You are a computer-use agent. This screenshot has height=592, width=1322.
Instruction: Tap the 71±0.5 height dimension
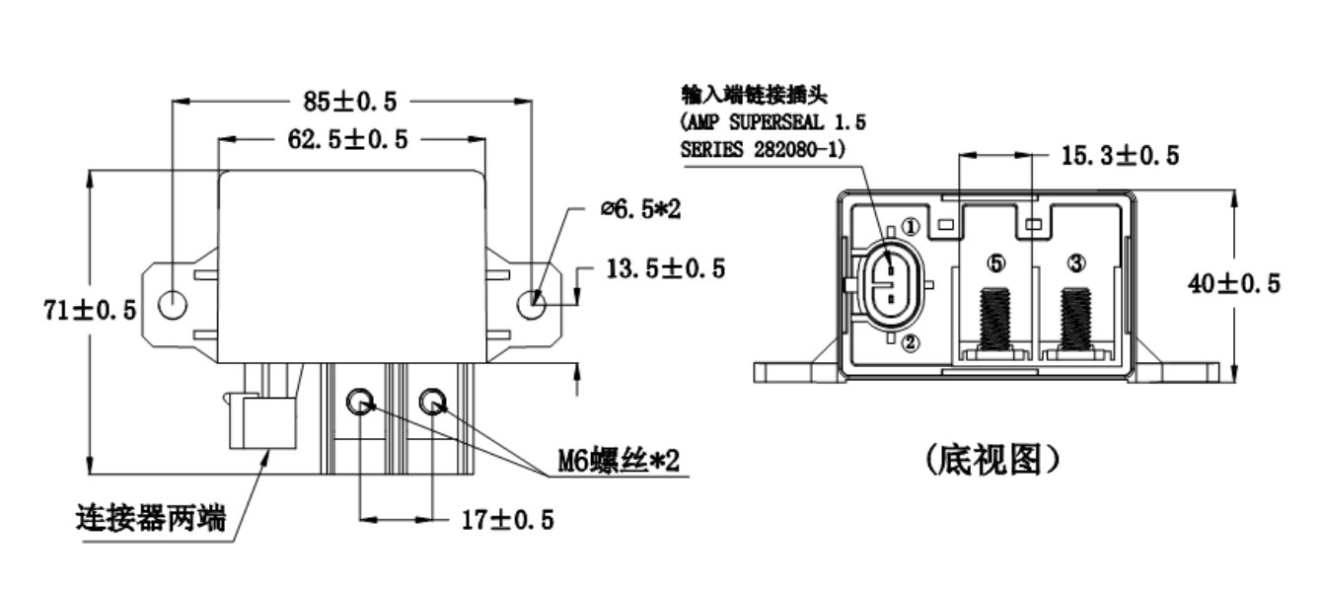[x=89, y=310]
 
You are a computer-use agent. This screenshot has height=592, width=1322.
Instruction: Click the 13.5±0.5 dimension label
[x=664, y=268]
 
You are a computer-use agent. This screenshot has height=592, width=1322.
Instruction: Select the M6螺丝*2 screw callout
[x=605, y=461]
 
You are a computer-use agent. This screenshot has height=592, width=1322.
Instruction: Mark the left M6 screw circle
[x=361, y=402]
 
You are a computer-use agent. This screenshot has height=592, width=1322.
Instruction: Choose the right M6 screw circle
[x=432, y=402]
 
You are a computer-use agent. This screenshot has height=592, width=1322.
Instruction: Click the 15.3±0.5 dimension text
[x=1120, y=155]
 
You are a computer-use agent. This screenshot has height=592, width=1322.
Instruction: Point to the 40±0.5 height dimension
[x=1234, y=284]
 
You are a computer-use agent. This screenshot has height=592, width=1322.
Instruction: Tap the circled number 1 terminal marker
[x=910, y=227]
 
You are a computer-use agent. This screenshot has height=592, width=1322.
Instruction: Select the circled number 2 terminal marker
[x=910, y=342]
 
